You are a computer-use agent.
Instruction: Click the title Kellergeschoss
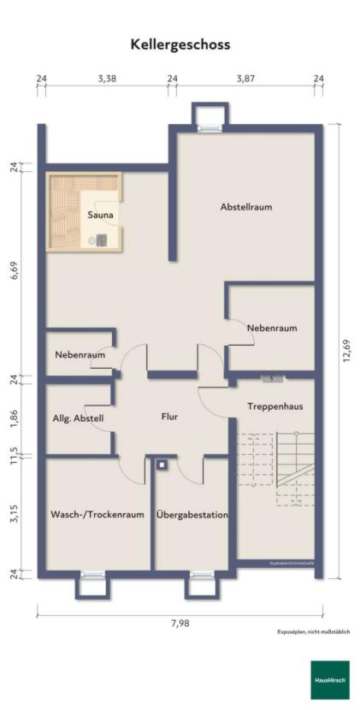tap(180, 44)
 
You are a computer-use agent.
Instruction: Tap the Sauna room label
tap(100, 216)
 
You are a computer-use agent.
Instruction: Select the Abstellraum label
tap(246, 207)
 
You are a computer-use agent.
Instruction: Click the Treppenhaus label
tap(274, 405)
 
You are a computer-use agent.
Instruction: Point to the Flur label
tap(169, 417)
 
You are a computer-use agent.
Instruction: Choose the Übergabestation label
tap(192, 515)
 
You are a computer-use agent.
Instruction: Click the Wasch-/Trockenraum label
tap(97, 515)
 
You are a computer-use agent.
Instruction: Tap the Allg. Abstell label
tap(79, 417)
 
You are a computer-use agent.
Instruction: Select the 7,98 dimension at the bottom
tap(180, 623)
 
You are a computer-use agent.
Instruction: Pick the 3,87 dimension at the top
tap(245, 79)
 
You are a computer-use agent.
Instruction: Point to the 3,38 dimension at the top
tap(107, 79)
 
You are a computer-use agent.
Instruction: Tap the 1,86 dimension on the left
tap(15, 418)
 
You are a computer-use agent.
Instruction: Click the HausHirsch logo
tap(329, 679)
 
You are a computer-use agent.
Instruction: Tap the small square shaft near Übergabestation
tap(161, 465)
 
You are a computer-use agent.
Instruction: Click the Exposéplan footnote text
tap(313, 632)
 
